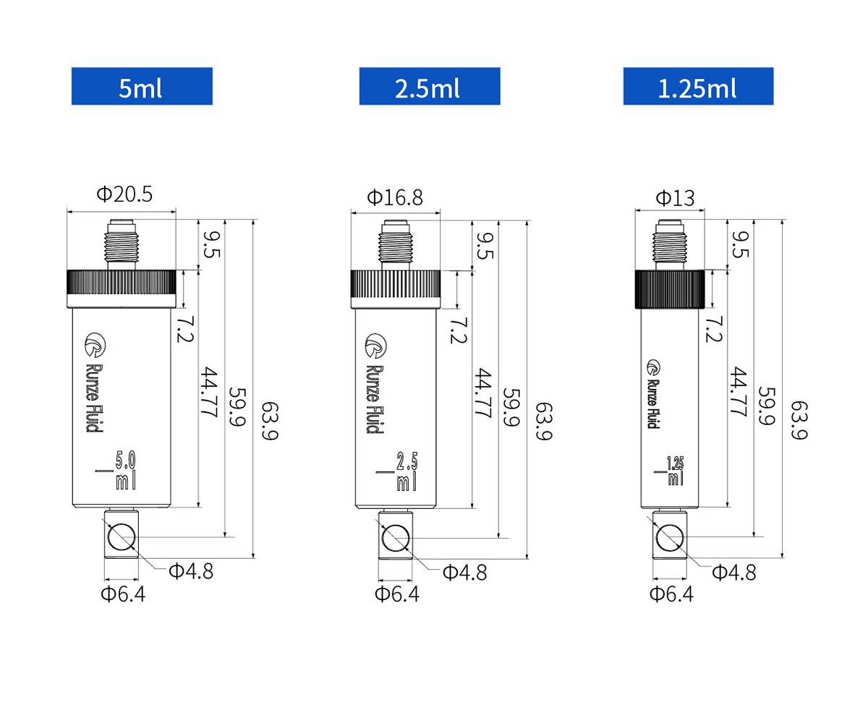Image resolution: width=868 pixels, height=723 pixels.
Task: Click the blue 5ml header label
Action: pos(142,87)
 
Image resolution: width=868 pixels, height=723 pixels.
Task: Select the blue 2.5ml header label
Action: pos(429,87)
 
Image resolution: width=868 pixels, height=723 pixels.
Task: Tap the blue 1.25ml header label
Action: pos(698,87)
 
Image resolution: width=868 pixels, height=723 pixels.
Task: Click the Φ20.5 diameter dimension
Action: pos(124,194)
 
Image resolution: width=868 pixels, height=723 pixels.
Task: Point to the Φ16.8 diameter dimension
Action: pos(395,197)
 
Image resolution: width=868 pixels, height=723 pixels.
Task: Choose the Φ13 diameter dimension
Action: pos(674,197)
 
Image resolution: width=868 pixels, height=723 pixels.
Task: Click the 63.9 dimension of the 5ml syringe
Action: pos(268,423)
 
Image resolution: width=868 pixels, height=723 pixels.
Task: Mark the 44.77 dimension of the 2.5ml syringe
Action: pos(482,394)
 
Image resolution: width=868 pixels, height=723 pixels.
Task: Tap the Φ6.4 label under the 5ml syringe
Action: pos(122,594)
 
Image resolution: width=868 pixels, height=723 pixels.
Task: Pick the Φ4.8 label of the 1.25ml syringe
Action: pos(733,573)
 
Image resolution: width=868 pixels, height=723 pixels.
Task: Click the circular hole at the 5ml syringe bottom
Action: pos(121,537)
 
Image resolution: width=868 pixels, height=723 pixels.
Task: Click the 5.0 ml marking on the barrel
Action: pos(125,470)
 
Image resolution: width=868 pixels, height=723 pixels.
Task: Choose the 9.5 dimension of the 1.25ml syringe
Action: pos(739,244)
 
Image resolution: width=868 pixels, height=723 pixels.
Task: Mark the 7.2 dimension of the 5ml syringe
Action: pos(184,328)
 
